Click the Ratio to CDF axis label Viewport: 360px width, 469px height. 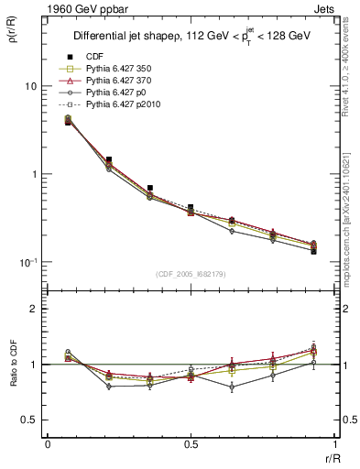16,379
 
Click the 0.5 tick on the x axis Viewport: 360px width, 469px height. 191,443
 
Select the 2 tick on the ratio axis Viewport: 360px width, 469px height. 36,310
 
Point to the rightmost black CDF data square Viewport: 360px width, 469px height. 313,250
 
